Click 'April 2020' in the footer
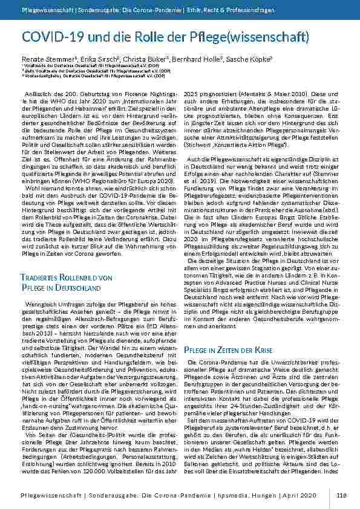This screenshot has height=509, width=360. (x=299, y=495)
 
